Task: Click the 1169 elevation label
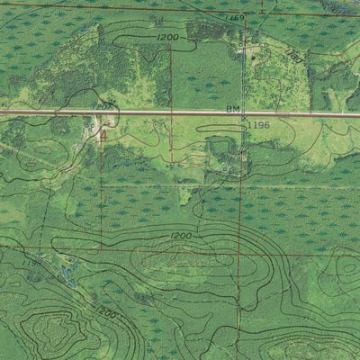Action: pos(236,18)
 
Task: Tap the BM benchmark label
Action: pos(233,109)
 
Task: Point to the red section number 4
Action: pos(103,135)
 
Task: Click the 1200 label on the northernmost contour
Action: pos(167,37)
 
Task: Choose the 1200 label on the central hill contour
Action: pos(181,236)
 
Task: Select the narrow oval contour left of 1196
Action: pos(220,129)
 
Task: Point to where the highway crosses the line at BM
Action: pos(244,113)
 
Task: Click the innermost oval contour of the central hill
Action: pos(171,261)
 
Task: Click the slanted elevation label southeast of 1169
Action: pos(293,56)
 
